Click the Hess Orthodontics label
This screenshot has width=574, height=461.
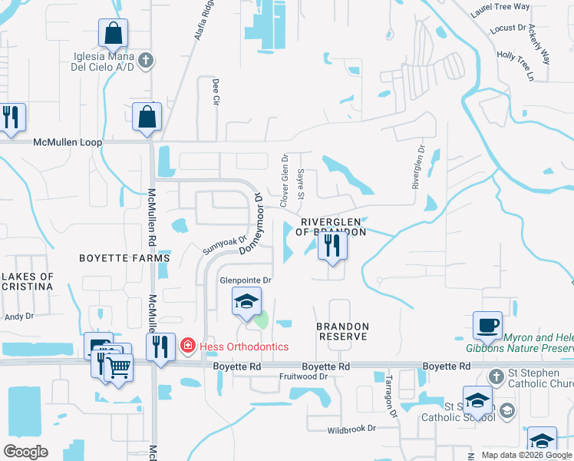[244, 347]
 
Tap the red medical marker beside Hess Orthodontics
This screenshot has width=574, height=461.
[187, 347]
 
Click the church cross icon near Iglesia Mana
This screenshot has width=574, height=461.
[147, 59]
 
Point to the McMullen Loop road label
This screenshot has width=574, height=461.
[68, 142]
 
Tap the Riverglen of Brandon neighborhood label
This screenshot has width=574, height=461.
[328, 226]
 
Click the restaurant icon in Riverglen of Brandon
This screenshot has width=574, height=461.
[332, 246]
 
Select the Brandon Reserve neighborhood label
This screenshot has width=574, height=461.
[343, 332]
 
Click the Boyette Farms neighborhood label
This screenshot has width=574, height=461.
[124, 258]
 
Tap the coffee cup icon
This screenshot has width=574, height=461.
[487, 325]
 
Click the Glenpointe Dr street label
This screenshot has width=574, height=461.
[246, 280]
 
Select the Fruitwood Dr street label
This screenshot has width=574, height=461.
[303, 376]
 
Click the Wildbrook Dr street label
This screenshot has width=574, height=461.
[351, 429]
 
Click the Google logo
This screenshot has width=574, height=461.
[25, 452]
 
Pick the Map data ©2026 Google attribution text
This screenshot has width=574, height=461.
[526, 455]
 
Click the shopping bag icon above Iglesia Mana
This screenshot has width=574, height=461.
[113, 34]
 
